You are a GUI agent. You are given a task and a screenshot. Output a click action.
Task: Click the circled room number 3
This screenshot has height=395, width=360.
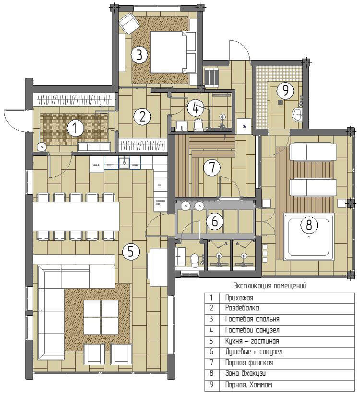point(139,54)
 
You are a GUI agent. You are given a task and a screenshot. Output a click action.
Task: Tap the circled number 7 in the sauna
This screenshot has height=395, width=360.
point(212,167)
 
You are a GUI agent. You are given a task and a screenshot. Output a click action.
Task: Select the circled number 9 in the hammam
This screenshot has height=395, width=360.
point(285,90)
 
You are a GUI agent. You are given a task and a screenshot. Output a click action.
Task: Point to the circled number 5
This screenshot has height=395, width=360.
point(131,251)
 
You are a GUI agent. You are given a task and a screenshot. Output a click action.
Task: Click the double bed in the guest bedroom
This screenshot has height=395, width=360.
point(173,52)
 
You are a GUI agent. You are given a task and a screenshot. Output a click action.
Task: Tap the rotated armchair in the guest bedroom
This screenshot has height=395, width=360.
point(129,24)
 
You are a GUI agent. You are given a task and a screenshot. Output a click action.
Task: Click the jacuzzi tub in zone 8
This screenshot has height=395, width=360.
point(309,237)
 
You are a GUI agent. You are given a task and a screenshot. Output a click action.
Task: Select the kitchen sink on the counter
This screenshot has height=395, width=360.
point(124,162)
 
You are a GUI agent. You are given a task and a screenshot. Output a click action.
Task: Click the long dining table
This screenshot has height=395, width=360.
point(76,216)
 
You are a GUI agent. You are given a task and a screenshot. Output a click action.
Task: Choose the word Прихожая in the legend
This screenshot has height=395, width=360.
point(239,298)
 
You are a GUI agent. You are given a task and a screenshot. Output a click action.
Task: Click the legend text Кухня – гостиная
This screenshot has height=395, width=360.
point(252,341)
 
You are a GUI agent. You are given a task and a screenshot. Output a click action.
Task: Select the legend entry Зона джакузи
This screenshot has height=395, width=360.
point(245,373)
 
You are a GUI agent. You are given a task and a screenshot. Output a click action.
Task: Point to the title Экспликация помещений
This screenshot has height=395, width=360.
point(270,285)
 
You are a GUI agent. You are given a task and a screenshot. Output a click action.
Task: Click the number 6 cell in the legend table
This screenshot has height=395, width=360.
point(212,352)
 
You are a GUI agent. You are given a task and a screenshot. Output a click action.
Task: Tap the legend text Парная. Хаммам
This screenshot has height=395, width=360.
point(249,385)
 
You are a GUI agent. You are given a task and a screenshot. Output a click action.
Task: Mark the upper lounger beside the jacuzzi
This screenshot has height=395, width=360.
point(314,152)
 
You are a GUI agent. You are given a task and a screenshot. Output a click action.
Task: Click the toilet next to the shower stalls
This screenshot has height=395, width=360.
point(194,259)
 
